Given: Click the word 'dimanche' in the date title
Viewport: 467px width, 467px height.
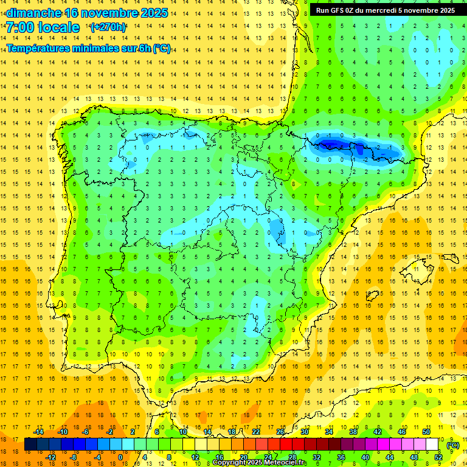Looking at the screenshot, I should pyautogui.click(x=33, y=13).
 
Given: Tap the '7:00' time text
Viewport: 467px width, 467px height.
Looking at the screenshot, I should pyautogui.click(x=23, y=27).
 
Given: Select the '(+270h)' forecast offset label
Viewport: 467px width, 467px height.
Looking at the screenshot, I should pyautogui.click(x=108, y=27).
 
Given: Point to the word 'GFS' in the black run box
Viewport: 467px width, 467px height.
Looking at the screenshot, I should pyautogui.click(x=339, y=10).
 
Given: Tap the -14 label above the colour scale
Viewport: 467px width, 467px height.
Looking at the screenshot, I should pyautogui.click(x=38, y=431).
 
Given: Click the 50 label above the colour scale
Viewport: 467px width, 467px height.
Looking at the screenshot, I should pyautogui.click(x=426, y=431).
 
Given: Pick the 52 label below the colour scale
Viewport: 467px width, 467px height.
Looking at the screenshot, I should pyautogui.click(x=438, y=457).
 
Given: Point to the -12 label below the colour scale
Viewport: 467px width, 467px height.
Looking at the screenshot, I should pyautogui.click(x=50, y=457).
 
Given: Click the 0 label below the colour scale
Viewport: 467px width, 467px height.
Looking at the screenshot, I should pyautogui.click(x=120, y=457).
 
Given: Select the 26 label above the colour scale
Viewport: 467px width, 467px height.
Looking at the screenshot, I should pyautogui.click(x=280, y=431).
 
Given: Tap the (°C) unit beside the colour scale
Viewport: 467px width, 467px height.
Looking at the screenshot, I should pyautogui.click(x=453, y=445).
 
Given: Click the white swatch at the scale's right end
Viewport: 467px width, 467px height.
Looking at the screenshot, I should pyautogui.click(x=432, y=445).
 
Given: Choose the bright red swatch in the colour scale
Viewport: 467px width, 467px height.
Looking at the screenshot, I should pyautogui.click(x=286, y=445).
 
